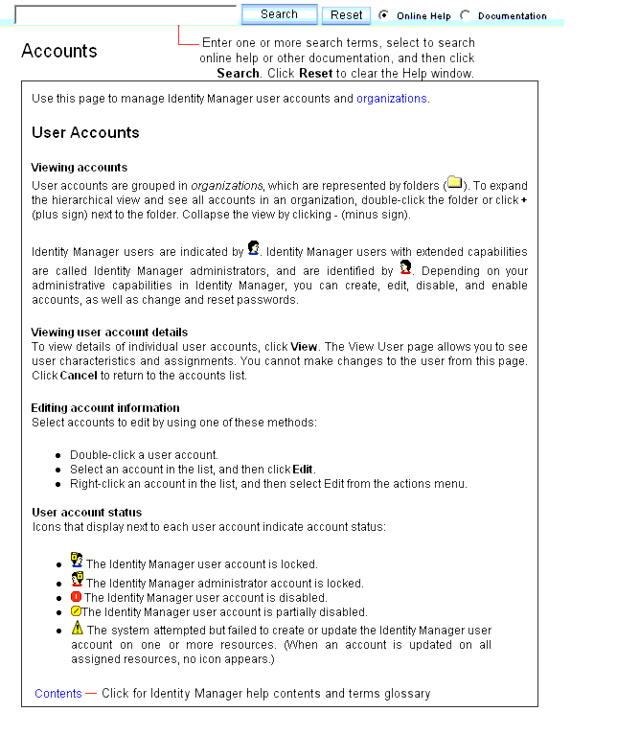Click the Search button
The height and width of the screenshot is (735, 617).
point(279,14)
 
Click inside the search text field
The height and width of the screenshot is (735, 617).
point(126,14)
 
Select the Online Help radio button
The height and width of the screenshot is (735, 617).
point(384,15)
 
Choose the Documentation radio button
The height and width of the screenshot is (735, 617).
point(466,15)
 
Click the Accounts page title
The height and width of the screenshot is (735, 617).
point(59,51)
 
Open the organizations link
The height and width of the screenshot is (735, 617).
point(392,99)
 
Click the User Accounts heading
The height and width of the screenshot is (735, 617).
point(85,133)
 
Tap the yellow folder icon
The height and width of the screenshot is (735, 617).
point(454,183)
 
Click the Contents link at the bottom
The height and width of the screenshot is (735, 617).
point(58,693)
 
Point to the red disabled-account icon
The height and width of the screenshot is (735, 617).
point(77,597)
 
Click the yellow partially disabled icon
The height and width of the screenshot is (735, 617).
point(76,611)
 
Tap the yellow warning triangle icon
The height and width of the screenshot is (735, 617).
point(78,629)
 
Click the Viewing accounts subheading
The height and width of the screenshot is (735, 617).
point(80,167)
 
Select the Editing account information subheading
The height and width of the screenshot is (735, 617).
point(105,407)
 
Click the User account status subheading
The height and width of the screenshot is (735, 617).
point(86,512)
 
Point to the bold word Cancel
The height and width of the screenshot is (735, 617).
point(79,376)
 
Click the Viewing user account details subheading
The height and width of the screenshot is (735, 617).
point(109,333)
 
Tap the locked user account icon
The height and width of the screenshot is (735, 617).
point(77,561)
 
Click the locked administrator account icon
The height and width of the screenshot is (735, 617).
point(77,580)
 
